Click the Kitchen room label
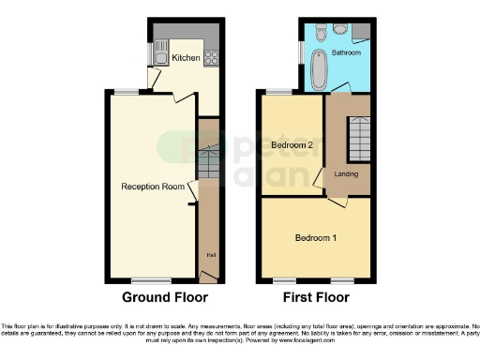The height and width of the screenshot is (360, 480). (x=185, y=58)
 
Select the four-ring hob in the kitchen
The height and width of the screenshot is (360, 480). (x=212, y=55)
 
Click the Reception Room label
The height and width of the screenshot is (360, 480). (x=153, y=187)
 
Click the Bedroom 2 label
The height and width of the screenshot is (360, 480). (x=292, y=145)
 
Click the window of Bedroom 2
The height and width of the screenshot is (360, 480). (x=279, y=92)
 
